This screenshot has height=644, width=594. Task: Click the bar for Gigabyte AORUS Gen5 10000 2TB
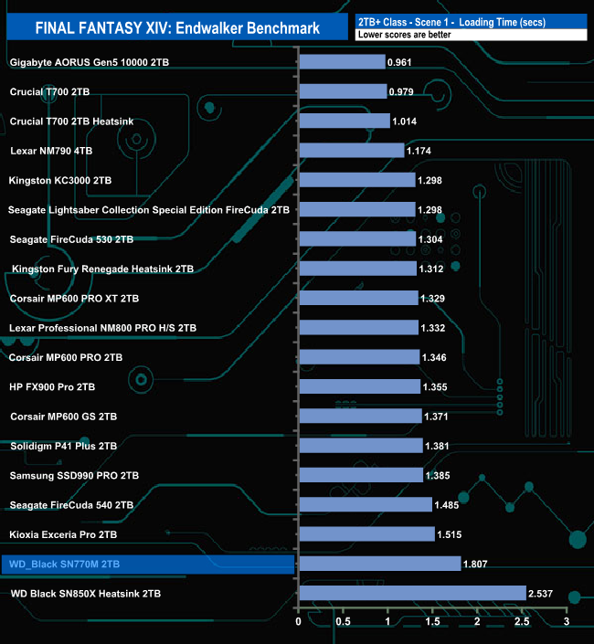(x=342, y=62)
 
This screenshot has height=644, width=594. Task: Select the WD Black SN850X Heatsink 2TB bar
(x=412, y=594)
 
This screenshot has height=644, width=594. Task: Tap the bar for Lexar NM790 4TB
(x=351, y=151)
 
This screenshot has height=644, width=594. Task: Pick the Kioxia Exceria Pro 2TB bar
(x=366, y=534)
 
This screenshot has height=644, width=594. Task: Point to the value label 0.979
(x=403, y=92)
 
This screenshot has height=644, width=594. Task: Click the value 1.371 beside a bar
(x=440, y=417)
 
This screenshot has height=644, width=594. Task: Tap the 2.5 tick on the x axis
(x=522, y=622)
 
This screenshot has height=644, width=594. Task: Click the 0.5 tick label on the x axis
(x=344, y=622)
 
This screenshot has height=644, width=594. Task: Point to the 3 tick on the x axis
(x=567, y=622)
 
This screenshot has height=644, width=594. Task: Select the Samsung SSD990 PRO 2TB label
(x=74, y=476)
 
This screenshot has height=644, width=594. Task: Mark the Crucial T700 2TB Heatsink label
(x=71, y=121)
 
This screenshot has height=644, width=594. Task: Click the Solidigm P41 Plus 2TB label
(x=63, y=446)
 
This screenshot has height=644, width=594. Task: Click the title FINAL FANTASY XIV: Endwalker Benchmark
(x=177, y=28)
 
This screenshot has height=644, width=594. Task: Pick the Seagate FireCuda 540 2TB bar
(x=366, y=505)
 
